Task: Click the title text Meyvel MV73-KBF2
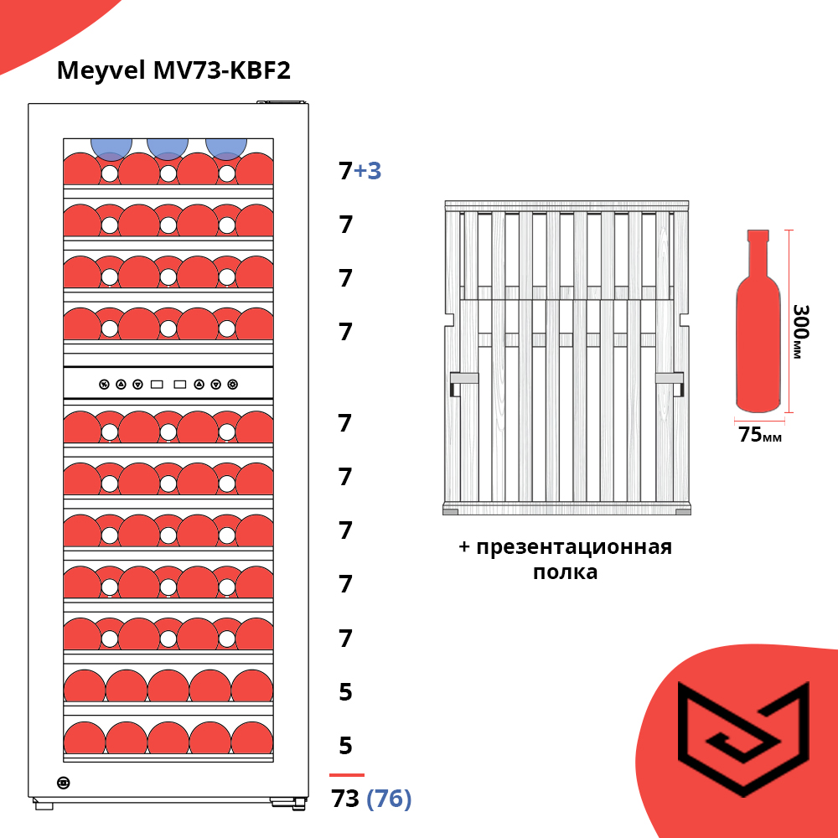pos(173,70)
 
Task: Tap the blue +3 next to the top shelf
pos(368,170)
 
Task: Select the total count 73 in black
pos(345,799)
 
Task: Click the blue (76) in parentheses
pos(389,799)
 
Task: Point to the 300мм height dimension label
pos(800,331)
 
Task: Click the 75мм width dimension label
pos(760,434)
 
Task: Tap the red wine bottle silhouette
pos(758,321)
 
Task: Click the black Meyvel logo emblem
pos(743,738)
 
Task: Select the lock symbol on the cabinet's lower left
pos(63,783)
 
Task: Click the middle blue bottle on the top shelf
pos(168,148)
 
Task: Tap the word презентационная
pos(574,548)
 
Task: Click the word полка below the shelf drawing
pos(565,572)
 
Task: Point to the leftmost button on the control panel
pos(104,385)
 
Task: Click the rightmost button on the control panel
pos(232,385)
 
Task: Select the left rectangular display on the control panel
pos(157,385)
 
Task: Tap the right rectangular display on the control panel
pos(180,385)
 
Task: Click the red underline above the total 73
pos(347,774)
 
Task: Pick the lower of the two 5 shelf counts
pos(346,746)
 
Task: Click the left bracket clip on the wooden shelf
pos(463,384)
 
